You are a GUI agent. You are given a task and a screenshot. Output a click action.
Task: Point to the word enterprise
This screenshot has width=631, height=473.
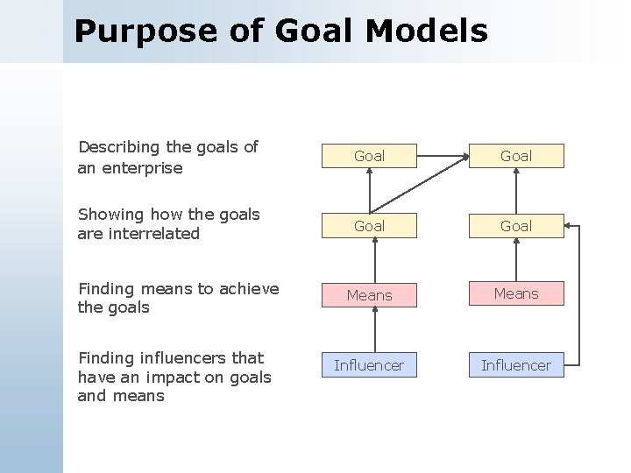[143, 167]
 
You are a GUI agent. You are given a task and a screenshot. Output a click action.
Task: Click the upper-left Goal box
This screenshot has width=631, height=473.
[369, 156]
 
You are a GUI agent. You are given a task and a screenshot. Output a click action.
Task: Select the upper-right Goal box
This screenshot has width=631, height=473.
[515, 156]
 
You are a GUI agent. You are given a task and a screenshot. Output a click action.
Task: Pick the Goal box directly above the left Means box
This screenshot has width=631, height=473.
[369, 226]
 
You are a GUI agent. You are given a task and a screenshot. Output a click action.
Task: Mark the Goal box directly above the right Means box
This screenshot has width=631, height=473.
[515, 226]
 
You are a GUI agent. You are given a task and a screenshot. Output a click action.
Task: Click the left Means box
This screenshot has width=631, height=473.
[369, 295]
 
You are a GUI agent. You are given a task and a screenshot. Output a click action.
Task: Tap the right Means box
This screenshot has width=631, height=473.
[515, 293]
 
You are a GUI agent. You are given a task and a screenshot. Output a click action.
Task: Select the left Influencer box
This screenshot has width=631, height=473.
[369, 365]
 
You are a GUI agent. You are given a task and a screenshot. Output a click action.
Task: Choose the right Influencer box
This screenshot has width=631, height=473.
[515, 365]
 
